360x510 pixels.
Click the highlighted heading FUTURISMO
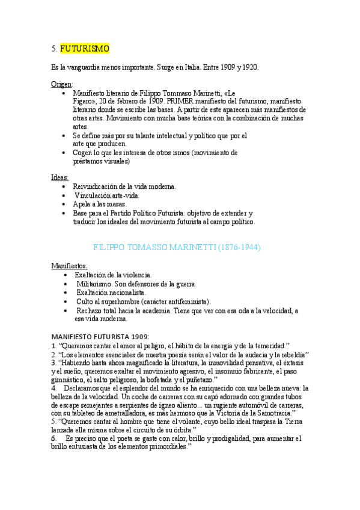(85, 48)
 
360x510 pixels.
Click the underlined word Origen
(62, 84)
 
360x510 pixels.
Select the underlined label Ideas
(59, 177)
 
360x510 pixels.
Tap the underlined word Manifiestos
(69, 265)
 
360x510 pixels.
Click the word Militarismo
(97, 284)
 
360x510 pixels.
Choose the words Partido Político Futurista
(135, 213)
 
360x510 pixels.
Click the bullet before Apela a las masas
(64, 204)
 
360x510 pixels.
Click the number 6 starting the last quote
(54, 438)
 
